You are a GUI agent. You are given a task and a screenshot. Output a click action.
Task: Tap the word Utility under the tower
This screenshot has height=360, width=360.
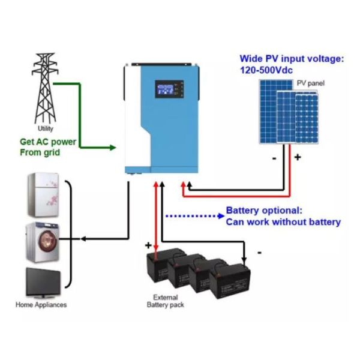point(46,129)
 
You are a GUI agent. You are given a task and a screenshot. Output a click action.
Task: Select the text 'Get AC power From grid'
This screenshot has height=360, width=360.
point(48,147)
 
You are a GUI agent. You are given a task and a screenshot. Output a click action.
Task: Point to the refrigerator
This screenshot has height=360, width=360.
point(43,194)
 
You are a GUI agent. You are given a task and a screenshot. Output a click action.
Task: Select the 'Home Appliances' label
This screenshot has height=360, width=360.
point(41,305)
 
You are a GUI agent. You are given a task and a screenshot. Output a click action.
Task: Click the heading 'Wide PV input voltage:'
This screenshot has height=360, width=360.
point(291,59)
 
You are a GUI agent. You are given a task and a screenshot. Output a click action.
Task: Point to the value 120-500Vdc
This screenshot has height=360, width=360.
point(269,70)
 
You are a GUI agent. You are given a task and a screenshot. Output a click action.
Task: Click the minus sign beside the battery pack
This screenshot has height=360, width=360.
point(259,253)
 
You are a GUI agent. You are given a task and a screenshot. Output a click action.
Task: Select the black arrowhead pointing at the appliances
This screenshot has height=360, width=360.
point(83,239)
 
